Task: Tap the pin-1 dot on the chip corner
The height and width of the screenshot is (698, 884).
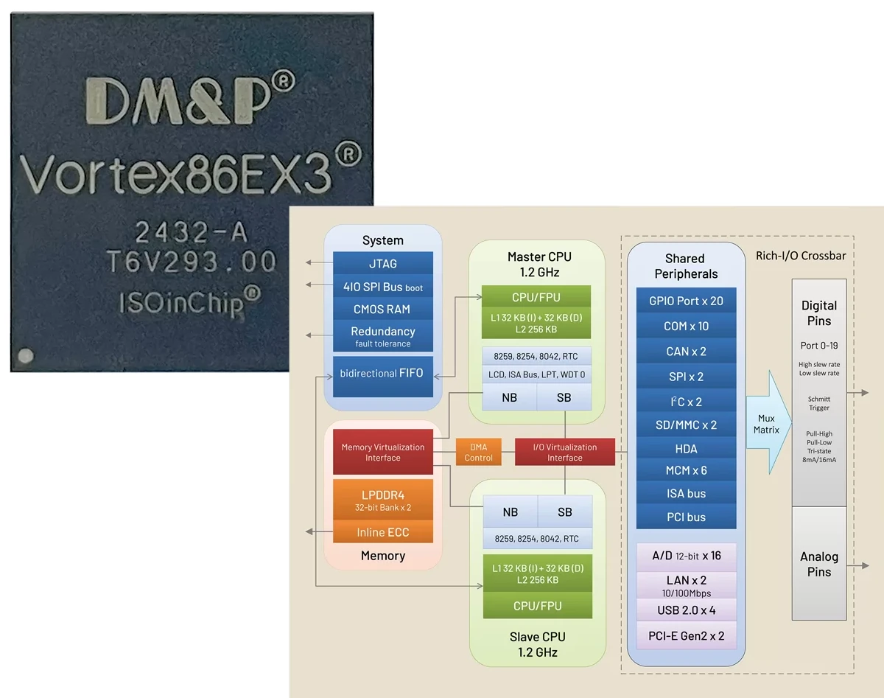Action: (26, 355)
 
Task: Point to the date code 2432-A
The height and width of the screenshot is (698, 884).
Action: (191, 233)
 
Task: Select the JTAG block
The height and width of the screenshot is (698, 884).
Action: (383, 263)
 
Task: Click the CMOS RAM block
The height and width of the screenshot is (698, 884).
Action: (383, 310)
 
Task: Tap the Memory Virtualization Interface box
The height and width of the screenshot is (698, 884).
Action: (383, 453)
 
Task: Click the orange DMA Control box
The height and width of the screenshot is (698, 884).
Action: (478, 453)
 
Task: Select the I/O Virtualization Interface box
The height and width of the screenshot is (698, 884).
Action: (564, 453)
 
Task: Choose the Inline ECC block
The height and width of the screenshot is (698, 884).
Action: (383, 532)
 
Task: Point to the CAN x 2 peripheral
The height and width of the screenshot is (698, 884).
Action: (686, 352)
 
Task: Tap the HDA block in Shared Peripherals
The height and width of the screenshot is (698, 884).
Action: (686, 449)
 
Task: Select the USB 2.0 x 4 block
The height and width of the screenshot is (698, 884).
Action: (686, 610)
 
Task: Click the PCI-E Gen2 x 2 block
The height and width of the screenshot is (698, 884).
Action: (686, 635)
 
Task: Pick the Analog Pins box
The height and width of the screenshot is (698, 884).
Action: (819, 564)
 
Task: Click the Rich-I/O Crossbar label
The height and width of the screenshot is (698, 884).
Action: (801, 256)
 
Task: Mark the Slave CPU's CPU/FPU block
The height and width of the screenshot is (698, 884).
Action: (537, 606)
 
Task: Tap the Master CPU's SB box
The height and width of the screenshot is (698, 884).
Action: (564, 397)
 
